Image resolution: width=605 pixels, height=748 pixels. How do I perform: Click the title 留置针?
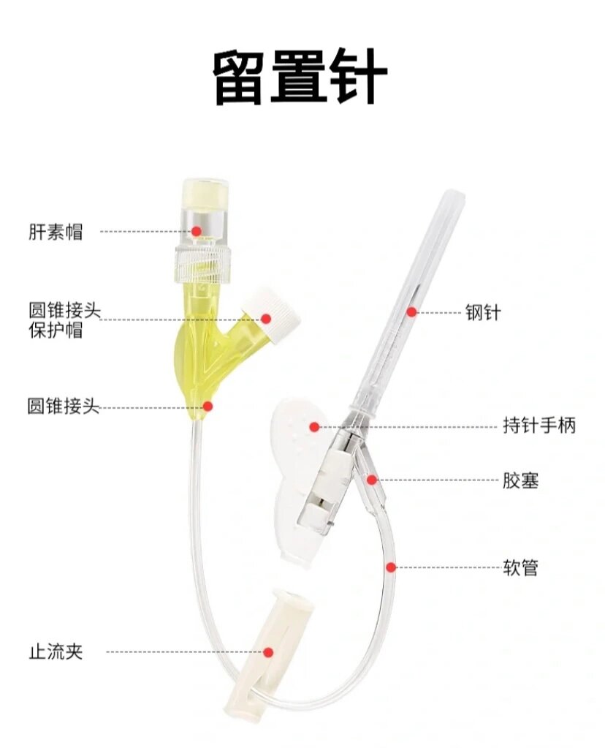click(x=300, y=78)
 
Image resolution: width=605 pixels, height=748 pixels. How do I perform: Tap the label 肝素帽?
click(x=56, y=232)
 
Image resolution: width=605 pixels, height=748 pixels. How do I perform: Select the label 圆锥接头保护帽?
click(x=64, y=320)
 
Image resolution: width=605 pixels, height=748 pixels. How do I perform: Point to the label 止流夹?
click(x=56, y=651)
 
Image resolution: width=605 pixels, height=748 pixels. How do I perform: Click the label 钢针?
click(x=484, y=312)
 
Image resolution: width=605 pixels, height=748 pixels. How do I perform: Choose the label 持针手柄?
click(x=539, y=426)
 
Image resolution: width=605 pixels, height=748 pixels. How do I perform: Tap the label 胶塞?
click(x=520, y=480)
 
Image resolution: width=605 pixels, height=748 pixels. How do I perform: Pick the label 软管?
click(x=520, y=567)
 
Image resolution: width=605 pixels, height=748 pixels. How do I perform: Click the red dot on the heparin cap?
click(x=196, y=231)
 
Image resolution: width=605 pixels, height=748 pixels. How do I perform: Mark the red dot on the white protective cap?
click(x=266, y=319)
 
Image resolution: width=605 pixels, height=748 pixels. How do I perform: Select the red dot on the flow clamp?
click(x=268, y=651)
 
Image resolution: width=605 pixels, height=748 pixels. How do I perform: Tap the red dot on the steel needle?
click(x=411, y=312)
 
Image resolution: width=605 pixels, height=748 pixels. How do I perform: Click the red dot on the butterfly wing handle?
click(x=314, y=426)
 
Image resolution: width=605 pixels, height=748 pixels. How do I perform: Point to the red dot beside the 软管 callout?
click(x=391, y=567)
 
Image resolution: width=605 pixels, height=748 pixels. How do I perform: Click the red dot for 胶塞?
click(x=372, y=480)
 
